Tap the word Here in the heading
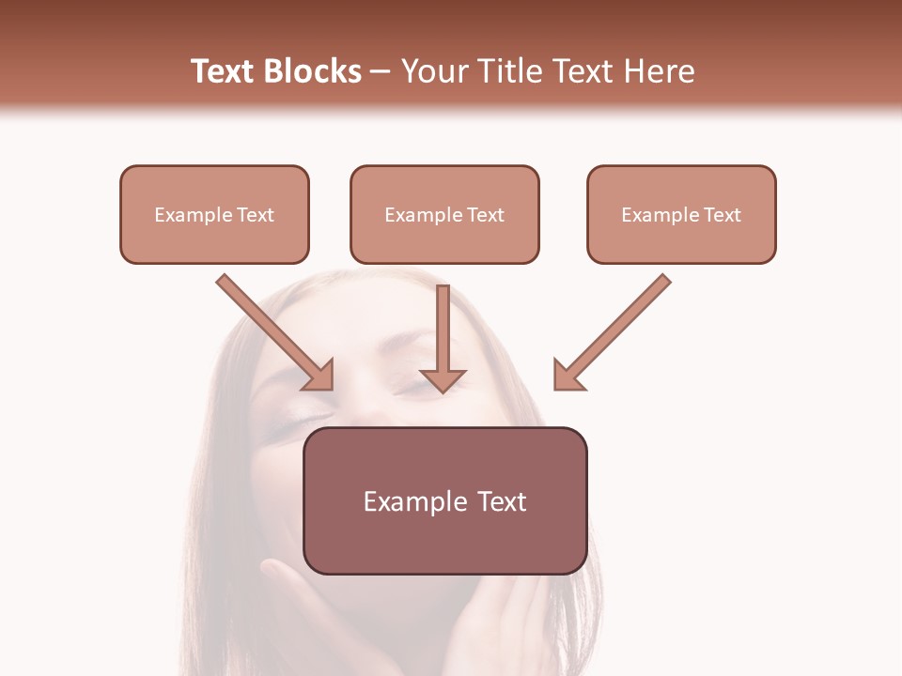(657, 71)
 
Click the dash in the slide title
(381, 72)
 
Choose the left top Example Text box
(214, 214)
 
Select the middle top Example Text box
(444, 214)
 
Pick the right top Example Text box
(681, 214)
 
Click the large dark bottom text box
(444, 500)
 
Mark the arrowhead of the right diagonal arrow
(568, 376)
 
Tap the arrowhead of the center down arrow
(443, 379)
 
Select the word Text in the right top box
(722, 215)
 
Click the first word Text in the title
(225, 71)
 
